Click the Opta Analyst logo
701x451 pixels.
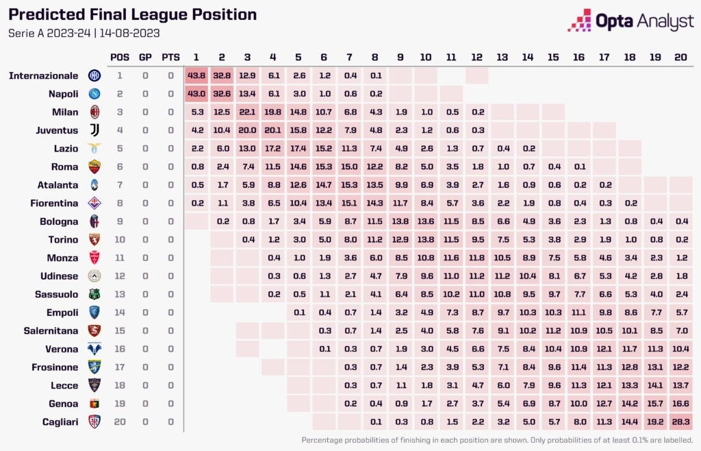tap(630, 21)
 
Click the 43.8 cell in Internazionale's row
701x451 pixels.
tap(196, 75)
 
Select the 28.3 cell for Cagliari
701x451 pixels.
tap(680, 422)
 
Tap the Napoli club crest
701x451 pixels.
tap(94, 94)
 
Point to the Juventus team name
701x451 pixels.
tap(57, 130)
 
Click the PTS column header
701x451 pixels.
tap(170, 57)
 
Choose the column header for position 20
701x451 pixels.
tap(680, 57)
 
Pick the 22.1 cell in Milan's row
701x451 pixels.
tap(247, 112)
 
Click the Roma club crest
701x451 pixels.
tap(94, 166)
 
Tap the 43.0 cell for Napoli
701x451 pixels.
tap(196, 94)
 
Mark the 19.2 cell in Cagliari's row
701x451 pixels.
tap(654, 422)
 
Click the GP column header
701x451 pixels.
tap(145, 57)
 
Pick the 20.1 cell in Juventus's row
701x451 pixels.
tap(272, 130)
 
